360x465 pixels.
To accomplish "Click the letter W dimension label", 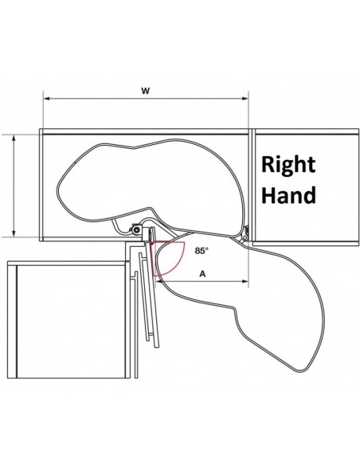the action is point(145,91).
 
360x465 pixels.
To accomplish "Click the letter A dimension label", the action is point(202,274).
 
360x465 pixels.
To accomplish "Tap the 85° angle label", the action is point(202,251).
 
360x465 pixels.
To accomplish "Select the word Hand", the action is point(288,194).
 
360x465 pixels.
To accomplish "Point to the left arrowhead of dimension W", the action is point(46,99).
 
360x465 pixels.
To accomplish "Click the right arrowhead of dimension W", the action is point(245,99).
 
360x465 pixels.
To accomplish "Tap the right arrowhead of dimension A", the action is point(245,281).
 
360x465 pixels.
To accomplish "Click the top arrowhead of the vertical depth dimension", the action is point(14,138).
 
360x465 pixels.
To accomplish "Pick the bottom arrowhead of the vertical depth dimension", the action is point(14,233).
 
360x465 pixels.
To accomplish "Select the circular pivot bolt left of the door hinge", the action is point(136,230).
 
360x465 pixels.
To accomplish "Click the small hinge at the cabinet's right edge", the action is point(245,233).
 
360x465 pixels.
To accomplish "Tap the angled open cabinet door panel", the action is point(151,294).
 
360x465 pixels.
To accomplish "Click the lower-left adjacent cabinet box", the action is point(68,320).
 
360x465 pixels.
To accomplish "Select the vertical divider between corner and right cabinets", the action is point(252,186).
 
